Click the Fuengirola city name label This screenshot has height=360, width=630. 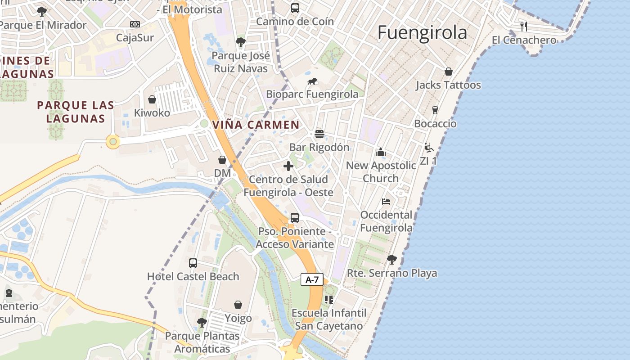pyautogui.click(x=422, y=33)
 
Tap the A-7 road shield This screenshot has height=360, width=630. pyautogui.click(x=312, y=279)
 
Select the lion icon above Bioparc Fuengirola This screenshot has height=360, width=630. pyautogui.click(x=312, y=81)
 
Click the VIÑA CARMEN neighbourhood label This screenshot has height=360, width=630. pyautogui.click(x=256, y=125)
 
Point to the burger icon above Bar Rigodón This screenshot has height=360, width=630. pyautogui.click(x=319, y=134)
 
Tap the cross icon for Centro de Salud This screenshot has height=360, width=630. pyautogui.click(x=288, y=166)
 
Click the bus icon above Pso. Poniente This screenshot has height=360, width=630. pyautogui.click(x=295, y=218)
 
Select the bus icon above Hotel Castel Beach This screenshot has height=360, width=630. pyautogui.click(x=193, y=263)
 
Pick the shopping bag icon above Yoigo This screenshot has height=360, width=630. pyautogui.click(x=238, y=305)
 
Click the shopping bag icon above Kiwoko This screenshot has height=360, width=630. pyautogui.click(x=152, y=99)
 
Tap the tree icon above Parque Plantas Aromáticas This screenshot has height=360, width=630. pyautogui.click(x=202, y=322)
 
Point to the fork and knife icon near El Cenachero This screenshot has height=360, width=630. pyautogui.click(x=524, y=26)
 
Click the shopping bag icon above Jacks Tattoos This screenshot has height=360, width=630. pyautogui.click(x=448, y=72)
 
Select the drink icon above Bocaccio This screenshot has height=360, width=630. pyautogui.click(x=435, y=110)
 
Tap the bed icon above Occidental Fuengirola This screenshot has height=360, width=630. pyautogui.click(x=386, y=201)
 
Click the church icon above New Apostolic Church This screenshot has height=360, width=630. pyautogui.click(x=381, y=152)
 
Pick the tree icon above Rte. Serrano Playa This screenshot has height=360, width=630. pyautogui.click(x=391, y=259)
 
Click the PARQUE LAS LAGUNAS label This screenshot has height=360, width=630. pyautogui.click(x=76, y=112)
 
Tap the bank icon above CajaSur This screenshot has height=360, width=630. pyautogui.click(x=135, y=24)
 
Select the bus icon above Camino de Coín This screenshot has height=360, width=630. pyautogui.click(x=295, y=8)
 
